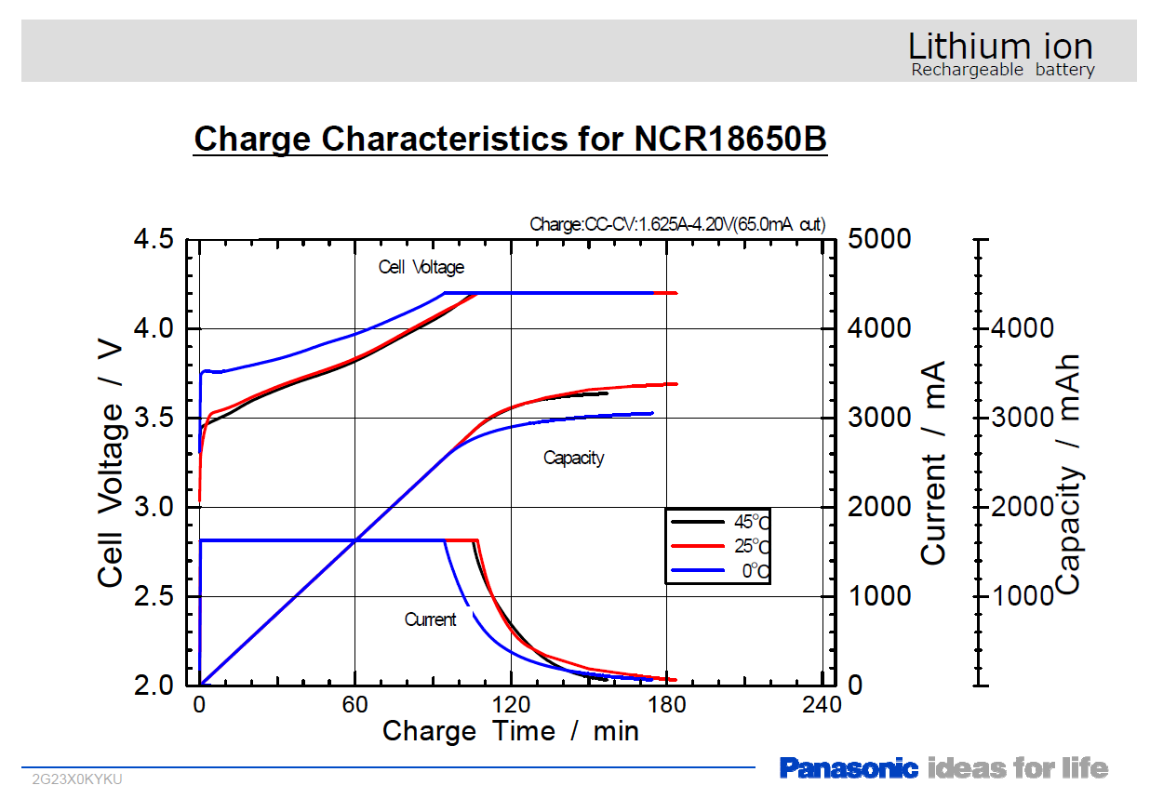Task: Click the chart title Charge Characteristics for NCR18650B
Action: click(x=510, y=139)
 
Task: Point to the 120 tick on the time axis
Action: click(x=510, y=704)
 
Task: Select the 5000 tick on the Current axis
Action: click(x=879, y=240)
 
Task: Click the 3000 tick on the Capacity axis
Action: click(x=1023, y=418)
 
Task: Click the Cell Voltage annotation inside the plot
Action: click(x=421, y=268)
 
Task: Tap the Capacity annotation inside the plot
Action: click(x=573, y=458)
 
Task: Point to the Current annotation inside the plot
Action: click(x=430, y=619)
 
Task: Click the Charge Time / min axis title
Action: click(x=510, y=731)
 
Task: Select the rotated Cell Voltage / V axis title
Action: click(x=111, y=462)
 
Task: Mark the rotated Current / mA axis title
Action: click(x=933, y=462)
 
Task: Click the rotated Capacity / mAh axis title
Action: click(x=1069, y=474)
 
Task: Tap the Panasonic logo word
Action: click(x=849, y=768)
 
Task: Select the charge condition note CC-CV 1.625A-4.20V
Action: click(x=676, y=224)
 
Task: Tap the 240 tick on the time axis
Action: click(x=822, y=704)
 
